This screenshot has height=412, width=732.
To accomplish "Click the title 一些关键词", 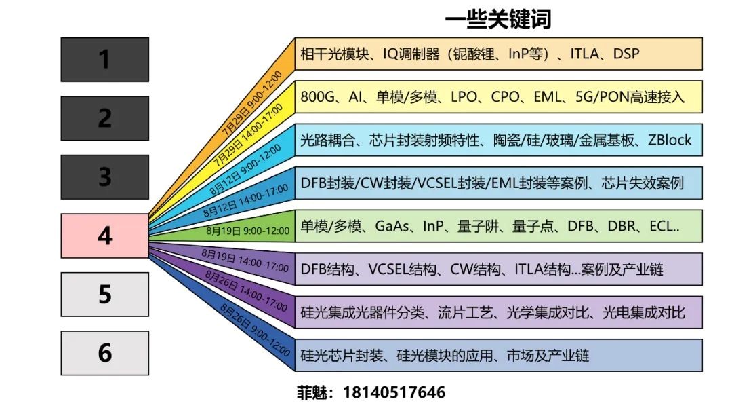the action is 498,19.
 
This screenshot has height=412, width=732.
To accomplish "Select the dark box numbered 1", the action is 105,60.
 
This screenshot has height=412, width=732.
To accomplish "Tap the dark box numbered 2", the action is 105,118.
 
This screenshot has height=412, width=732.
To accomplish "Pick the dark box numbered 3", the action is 105,177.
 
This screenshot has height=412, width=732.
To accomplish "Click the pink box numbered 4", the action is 105,236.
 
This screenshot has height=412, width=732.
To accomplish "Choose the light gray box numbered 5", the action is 105,295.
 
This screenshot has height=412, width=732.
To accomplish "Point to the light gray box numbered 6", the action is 105,353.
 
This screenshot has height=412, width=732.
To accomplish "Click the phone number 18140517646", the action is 394,392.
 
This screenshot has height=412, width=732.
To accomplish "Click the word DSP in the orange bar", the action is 626,54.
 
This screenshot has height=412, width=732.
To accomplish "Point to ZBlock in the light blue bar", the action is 670,140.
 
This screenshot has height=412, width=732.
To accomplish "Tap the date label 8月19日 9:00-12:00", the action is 248,231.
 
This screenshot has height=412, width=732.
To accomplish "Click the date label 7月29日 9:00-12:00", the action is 252,103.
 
